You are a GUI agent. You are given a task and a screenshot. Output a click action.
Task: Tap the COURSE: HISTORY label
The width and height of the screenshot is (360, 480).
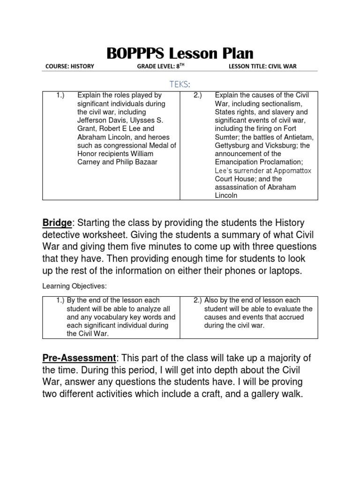pyautogui.click(x=69, y=67)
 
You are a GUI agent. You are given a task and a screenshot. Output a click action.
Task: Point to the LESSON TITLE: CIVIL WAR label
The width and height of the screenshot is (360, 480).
pyautogui.click(x=262, y=67)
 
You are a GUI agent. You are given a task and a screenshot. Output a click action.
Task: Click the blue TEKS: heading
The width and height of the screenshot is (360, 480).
pyautogui.click(x=180, y=83)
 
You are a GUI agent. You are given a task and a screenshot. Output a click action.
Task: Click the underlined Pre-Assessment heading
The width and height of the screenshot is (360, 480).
pyautogui.click(x=79, y=359)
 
